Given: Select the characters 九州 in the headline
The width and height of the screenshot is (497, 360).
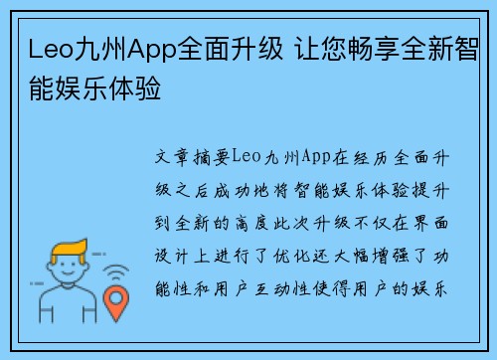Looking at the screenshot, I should pyautogui.click(x=93, y=47).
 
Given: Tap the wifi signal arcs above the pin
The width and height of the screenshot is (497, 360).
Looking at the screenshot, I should pyautogui.click(x=117, y=270).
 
